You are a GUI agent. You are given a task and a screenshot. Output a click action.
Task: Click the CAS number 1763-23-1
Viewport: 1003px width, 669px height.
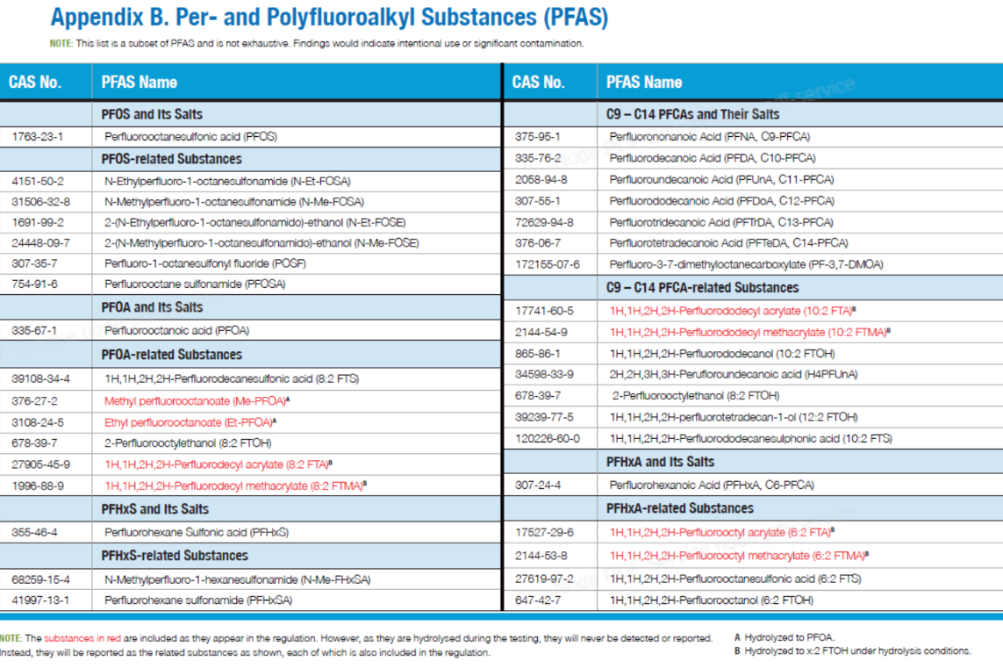point(37,136)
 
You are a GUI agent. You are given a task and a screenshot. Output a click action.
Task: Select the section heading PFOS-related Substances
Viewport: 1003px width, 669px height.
point(171,159)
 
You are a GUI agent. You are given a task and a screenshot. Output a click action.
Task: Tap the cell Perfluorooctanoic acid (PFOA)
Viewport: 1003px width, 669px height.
point(176,330)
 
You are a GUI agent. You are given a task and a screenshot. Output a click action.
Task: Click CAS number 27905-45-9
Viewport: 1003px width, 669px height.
point(41,464)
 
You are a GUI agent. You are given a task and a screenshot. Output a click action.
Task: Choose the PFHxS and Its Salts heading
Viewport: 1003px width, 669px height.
point(154,509)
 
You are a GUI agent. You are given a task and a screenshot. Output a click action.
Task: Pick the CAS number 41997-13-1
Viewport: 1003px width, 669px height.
point(40,600)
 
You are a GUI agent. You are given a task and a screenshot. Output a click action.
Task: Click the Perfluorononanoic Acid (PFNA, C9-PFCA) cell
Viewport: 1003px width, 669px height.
point(709,136)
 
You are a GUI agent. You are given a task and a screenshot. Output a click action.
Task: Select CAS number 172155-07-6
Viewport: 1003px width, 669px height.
point(548,264)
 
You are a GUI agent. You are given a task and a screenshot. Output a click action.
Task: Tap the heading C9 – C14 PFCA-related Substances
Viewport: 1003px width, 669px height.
point(702,287)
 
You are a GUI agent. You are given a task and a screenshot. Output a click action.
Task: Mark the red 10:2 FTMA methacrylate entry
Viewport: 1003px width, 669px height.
point(749,332)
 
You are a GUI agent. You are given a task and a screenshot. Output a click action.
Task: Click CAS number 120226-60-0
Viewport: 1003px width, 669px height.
point(548,438)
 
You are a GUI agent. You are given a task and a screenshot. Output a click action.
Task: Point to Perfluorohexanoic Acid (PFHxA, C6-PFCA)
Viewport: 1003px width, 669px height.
point(712,486)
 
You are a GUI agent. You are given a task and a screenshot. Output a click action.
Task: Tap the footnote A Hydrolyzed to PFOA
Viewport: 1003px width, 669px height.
point(784,637)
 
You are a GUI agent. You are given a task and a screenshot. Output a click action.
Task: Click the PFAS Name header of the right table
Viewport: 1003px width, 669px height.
point(644,82)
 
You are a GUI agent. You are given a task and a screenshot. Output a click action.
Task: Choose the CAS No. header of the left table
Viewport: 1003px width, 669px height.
point(34,82)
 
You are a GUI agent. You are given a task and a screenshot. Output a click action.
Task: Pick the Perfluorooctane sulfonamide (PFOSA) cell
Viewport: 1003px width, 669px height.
point(195,284)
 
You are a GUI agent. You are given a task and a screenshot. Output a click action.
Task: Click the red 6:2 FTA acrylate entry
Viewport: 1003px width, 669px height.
point(721,532)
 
